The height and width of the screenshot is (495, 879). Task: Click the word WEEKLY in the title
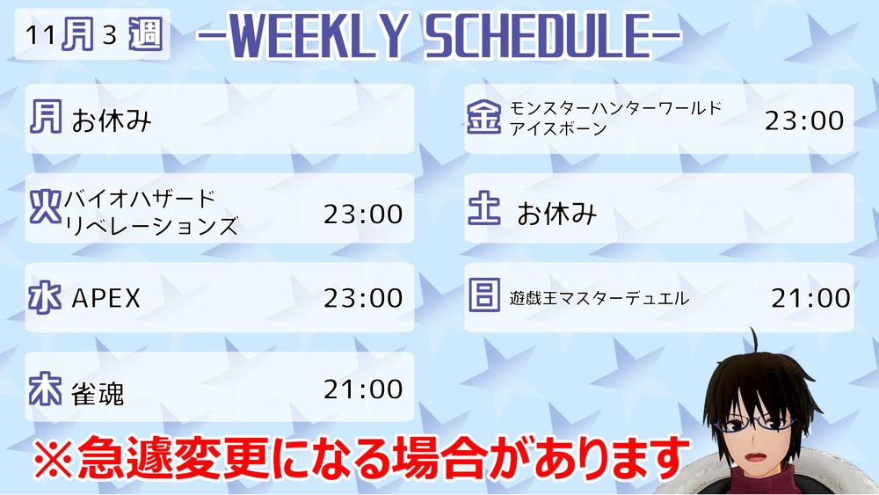tap(317, 36)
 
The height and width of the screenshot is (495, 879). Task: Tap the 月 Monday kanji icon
tap(46, 117)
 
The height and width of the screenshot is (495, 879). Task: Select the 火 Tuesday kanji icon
tap(46, 207)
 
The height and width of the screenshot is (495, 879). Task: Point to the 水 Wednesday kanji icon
tap(46, 297)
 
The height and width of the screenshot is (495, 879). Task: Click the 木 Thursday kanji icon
tap(46, 388)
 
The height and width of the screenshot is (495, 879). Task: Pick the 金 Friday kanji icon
tap(483, 117)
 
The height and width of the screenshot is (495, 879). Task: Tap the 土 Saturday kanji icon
tap(483, 207)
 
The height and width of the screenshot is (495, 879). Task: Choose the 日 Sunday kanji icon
tap(483, 295)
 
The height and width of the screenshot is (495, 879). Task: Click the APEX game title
tap(106, 298)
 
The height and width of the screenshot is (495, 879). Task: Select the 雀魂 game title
tap(98, 393)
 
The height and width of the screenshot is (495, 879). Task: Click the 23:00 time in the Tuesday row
tap(363, 215)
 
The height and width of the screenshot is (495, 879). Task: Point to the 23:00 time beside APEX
tap(363, 298)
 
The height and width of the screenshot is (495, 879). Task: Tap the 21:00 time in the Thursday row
tap(363, 389)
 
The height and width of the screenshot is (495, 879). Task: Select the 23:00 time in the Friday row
tap(804, 120)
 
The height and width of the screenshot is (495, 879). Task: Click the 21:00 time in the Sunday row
tap(810, 298)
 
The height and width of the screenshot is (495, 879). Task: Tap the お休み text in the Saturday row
tap(556, 214)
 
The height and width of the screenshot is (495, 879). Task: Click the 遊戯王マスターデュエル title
tap(599, 298)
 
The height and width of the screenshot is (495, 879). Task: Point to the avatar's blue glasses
tap(759, 421)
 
